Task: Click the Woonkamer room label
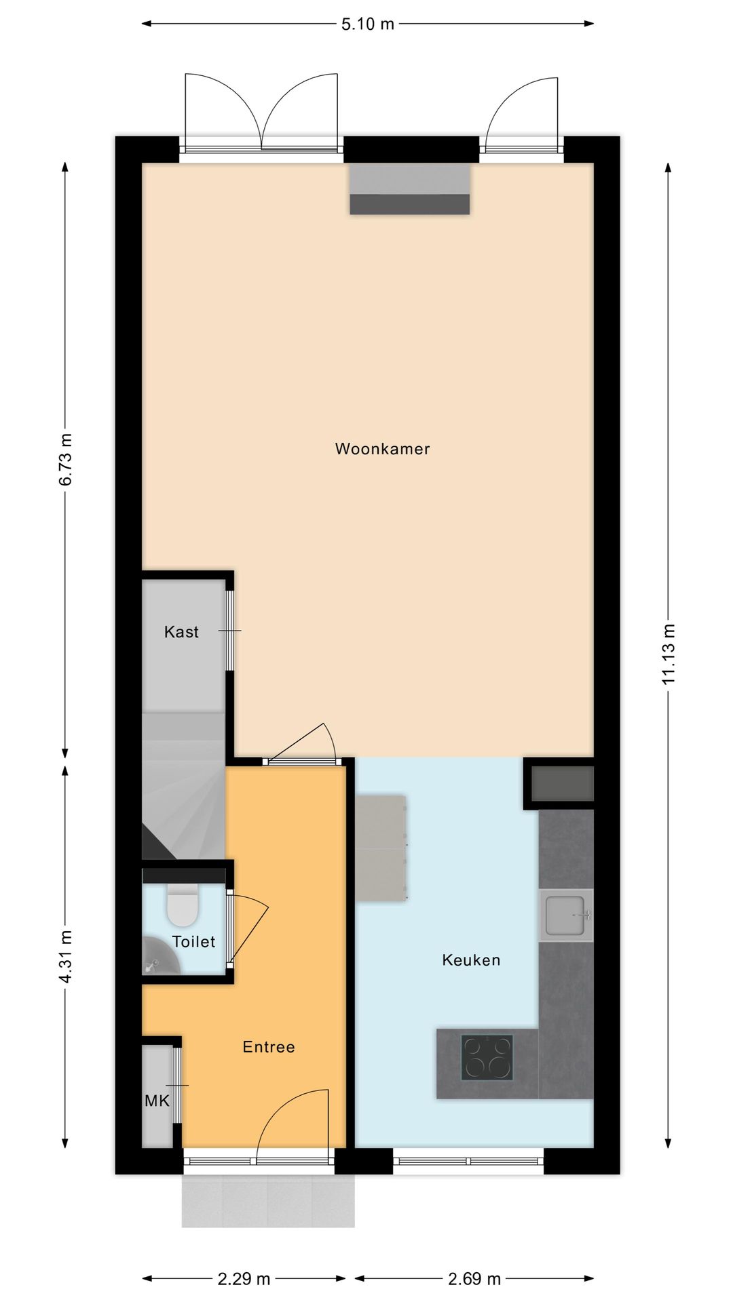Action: coord(382,449)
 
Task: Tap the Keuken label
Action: coord(471,960)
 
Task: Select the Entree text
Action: coord(269,1047)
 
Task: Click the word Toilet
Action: coord(193,942)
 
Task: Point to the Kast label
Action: coord(181,632)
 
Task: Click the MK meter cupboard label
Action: coord(157,1101)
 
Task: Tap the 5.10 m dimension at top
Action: coord(367,24)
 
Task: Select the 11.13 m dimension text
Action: coord(669,654)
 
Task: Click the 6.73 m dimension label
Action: coord(66,459)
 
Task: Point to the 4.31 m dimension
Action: coord(66,957)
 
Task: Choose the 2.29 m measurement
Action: coord(244,1279)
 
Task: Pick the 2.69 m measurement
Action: coord(474,1279)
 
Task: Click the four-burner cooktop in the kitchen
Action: coord(487,1057)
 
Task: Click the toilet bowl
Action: coord(182,907)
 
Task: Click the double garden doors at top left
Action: coord(261,112)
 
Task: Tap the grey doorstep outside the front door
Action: coord(268,1200)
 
